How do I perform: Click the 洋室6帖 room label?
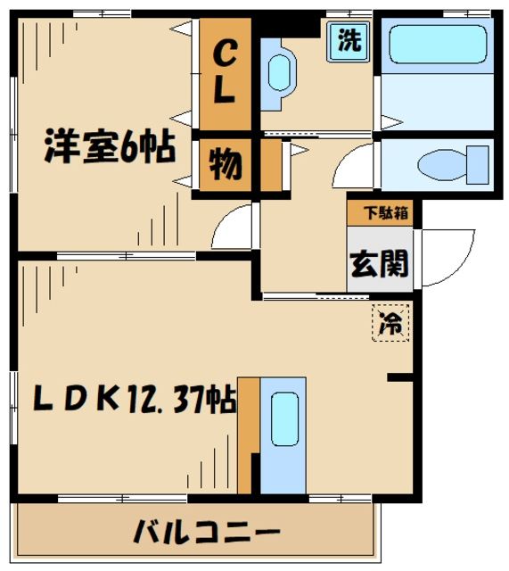(x=110, y=147)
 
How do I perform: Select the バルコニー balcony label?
(x=201, y=533)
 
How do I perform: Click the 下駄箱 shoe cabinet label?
(x=382, y=213)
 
